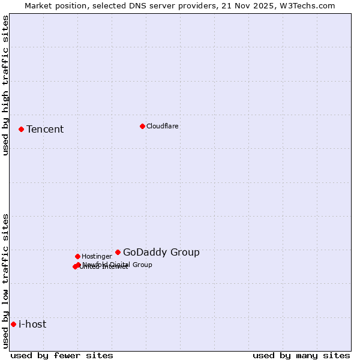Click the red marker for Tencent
tap(21, 129)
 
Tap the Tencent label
tap(45, 130)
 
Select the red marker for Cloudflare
tap(142, 126)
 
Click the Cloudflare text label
tap(163, 126)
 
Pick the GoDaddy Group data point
tap(118, 252)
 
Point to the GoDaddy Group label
tap(161, 253)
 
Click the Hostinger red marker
tap(77, 256)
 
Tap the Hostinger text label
tap(97, 256)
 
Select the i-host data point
tap(13, 324)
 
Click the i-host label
tap(32, 325)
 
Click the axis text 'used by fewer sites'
tap(62, 355)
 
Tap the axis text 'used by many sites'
tap(301, 355)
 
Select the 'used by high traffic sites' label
tap(6, 85)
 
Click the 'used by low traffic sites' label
tap(6, 281)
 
